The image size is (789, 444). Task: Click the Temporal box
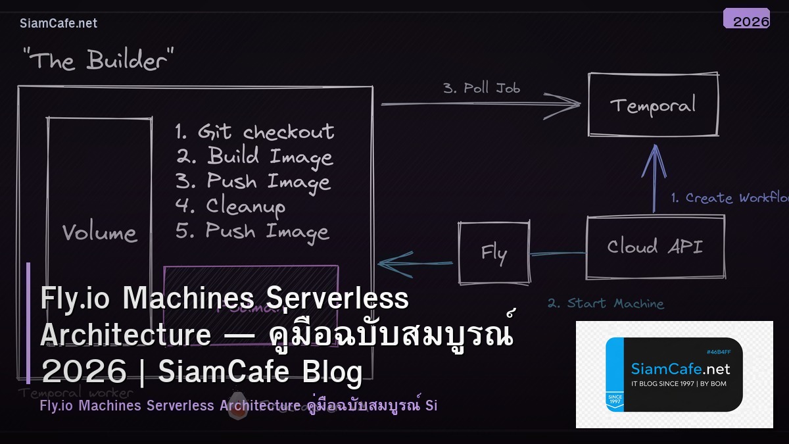click(x=653, y=105)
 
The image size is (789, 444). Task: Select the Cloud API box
click(x=655, y=247)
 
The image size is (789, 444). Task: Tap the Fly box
click(x=494, y=253)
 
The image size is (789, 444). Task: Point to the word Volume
click(x=99, y=232)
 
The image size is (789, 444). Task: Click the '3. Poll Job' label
click(x=481, y=87)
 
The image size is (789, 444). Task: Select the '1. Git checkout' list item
click(x=254, y=132)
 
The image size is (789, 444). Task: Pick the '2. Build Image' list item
click(x=254, y=157)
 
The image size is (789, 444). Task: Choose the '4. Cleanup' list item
click(x=231, y=206)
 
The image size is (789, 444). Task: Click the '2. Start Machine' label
click(x=606, y=303)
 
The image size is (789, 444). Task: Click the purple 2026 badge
click(x=747, y=19)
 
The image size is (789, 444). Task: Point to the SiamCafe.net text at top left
click(x=59, y=23)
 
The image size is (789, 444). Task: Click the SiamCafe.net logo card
click(x=674, y=374)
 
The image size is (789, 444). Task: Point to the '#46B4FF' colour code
click(x=719, y=352)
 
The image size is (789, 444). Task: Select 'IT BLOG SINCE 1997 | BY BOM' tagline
click(x=679, y=383)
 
